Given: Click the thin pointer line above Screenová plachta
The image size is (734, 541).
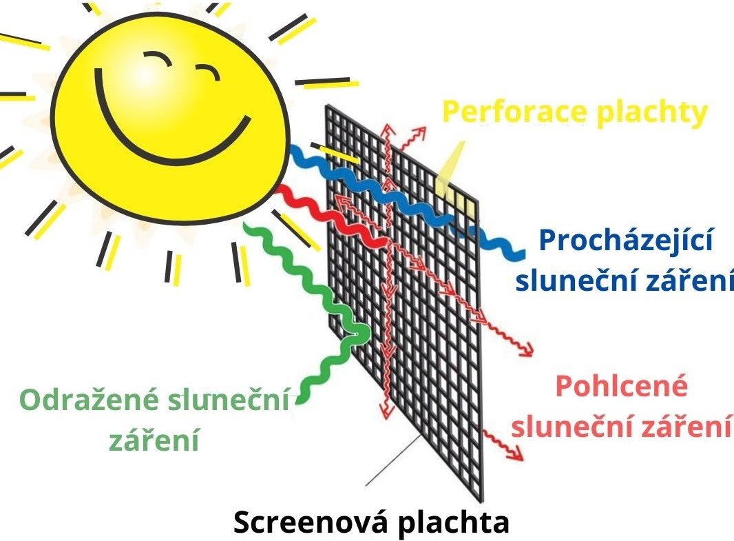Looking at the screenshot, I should [x=392, y=462].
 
